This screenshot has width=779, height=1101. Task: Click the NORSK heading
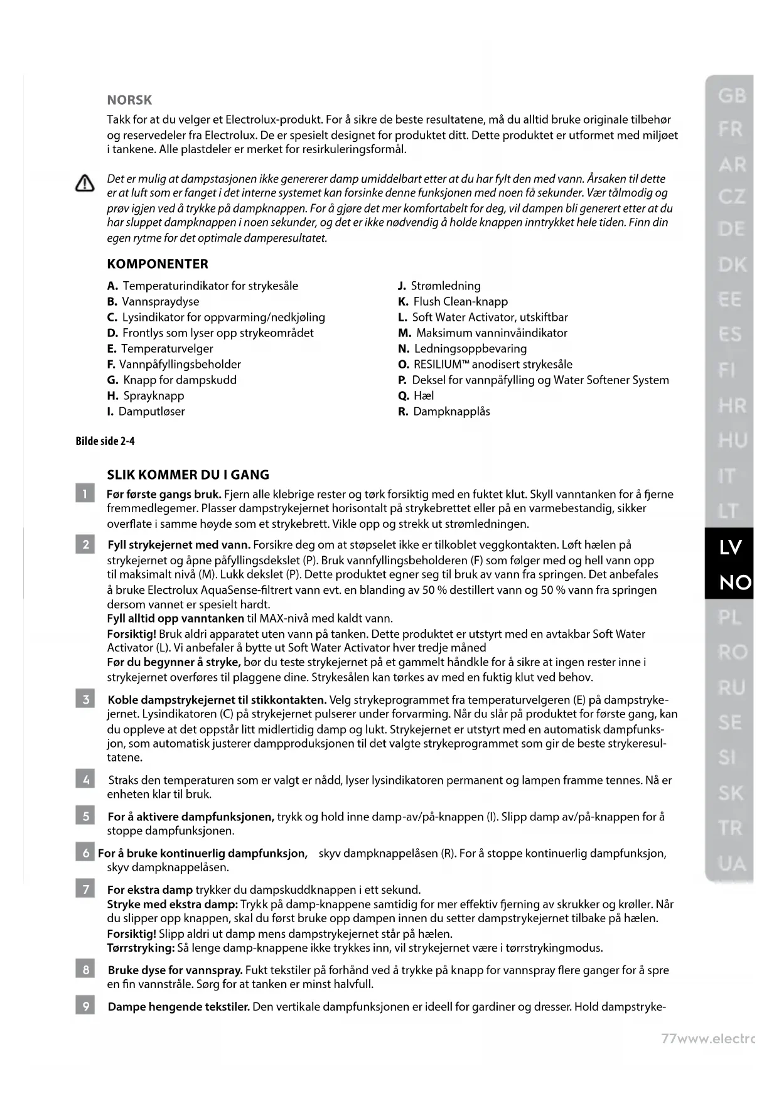(129, 100)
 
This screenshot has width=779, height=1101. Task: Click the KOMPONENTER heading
(158, 264)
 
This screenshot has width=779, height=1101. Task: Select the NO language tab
(729, 583)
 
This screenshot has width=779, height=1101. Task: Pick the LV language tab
(729, 547)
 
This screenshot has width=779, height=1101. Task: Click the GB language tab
(731, 96)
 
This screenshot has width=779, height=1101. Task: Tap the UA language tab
(731, 864)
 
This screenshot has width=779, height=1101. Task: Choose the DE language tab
(731, 229)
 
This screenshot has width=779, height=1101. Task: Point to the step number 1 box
(85, 494)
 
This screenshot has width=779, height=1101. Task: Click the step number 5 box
(85, 817)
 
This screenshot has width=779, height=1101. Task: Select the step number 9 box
(85, 1007)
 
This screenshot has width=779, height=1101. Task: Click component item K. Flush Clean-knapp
(453, 302)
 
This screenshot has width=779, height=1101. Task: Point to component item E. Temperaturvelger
(160, 349)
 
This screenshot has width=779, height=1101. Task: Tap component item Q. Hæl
(416, 396)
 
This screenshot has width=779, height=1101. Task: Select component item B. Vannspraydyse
(153, 302)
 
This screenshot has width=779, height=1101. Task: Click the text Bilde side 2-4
(105, 441)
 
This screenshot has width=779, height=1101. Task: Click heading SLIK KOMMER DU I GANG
(188, 475)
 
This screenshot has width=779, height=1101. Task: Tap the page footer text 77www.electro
(707, 1038)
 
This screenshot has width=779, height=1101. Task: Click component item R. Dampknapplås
(444, 412)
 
